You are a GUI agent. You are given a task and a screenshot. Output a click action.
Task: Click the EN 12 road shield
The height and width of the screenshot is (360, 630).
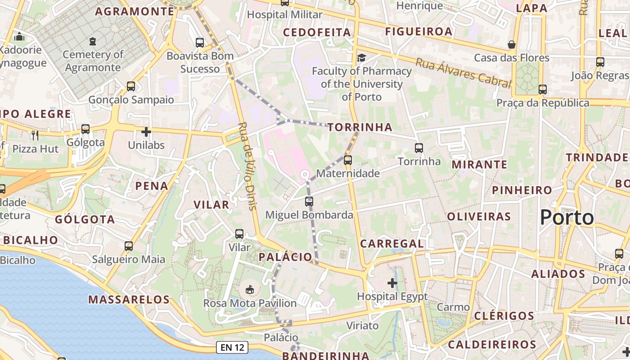point(232,347)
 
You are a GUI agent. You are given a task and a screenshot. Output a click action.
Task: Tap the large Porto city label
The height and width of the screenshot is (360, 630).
point(567,218)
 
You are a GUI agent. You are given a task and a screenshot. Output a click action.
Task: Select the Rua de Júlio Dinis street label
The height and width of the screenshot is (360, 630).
point(247,166)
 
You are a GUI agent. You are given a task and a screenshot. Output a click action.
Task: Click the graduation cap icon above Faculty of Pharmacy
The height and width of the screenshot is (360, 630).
point(361,58)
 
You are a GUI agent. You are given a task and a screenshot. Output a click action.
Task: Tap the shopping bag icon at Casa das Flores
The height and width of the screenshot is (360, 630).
point(512,45)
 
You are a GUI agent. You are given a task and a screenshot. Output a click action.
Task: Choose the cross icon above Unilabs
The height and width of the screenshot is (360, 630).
point(146,132)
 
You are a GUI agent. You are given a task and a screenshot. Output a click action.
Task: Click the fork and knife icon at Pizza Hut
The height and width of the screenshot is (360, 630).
point(35,135)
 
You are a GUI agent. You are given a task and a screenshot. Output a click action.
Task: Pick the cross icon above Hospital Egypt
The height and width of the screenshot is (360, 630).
point(392,283)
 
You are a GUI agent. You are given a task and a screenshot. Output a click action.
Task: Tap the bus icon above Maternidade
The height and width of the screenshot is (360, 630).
point(347,160)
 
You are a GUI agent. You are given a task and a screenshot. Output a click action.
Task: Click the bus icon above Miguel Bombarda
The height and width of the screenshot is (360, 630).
point(309,201)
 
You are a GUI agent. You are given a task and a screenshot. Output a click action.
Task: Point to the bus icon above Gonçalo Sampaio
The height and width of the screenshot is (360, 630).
point(131,86)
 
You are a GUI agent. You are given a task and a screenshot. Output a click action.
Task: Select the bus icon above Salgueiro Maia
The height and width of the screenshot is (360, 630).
point(129,246)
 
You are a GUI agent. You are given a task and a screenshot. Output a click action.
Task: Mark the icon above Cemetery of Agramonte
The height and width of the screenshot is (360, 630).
point(93,41)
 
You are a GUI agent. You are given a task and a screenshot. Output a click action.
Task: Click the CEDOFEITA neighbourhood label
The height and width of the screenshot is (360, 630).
point(317,32)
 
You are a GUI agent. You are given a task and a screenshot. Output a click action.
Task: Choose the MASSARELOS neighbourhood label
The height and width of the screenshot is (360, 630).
point(129,299)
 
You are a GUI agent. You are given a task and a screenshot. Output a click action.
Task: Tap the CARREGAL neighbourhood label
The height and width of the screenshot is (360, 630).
point(392,244)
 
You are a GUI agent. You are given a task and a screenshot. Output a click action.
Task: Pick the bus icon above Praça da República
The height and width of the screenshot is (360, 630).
point(543,89)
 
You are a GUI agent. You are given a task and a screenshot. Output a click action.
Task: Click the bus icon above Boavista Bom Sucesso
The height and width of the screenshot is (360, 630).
point(200,43)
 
